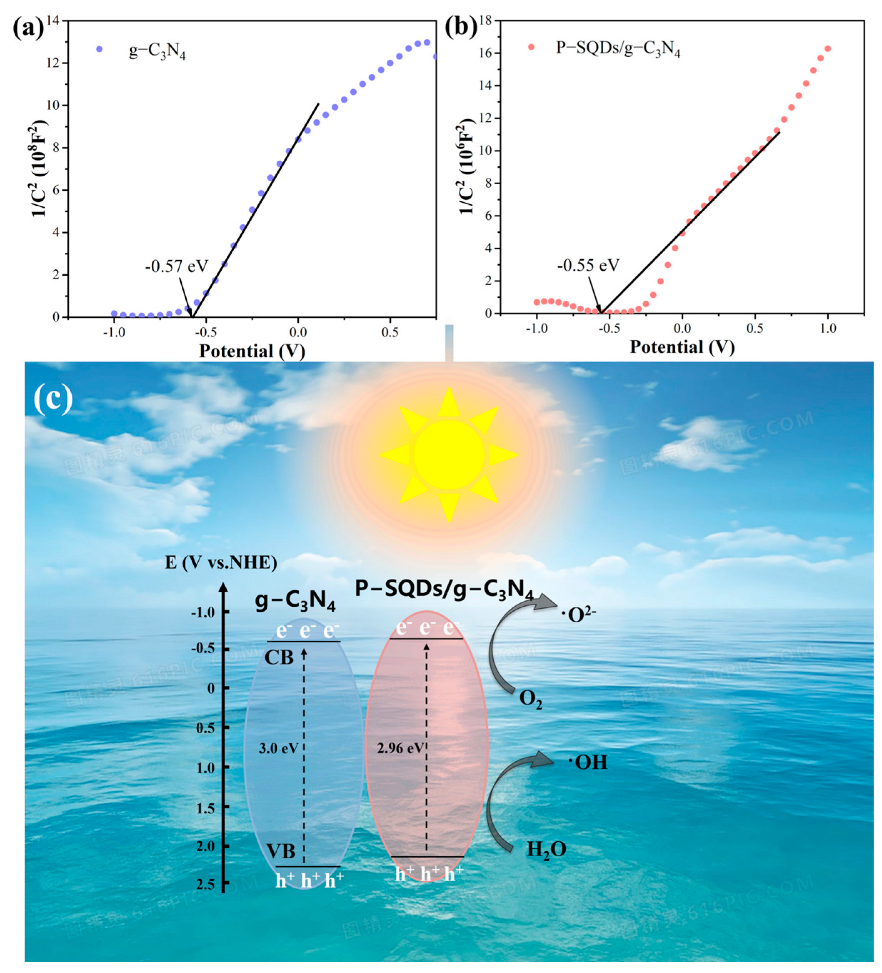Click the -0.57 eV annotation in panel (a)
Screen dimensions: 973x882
[177, 266]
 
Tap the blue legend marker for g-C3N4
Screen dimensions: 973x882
[99, 49]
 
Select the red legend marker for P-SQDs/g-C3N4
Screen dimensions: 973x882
[531, 47]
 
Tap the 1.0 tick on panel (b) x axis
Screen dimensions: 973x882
[828, 328]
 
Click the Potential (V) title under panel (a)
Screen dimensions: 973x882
[252, 351]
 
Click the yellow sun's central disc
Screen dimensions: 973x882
[448, 455]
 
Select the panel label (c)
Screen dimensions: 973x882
[53, 399]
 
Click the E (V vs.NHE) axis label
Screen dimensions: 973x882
[221, 563]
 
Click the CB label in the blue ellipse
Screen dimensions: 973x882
[279, 657]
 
